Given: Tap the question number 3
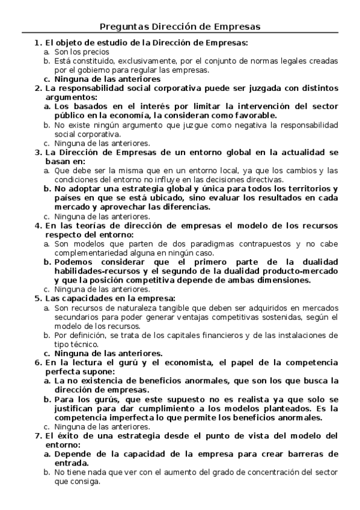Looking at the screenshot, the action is tap(37, 153).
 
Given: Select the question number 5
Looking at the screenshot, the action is tap(37, 298).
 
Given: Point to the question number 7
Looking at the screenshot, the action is tap(37, 436).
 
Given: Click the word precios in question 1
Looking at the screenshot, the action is tap(82, 52).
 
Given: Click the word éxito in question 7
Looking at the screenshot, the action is tap(69, 436).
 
